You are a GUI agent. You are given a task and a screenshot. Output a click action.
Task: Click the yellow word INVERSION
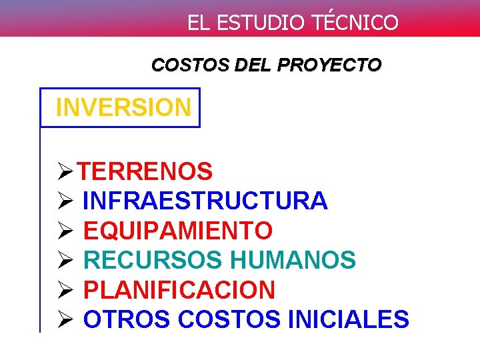[x=123, y=107]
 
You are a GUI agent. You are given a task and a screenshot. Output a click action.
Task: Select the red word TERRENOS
[x=145, y=172]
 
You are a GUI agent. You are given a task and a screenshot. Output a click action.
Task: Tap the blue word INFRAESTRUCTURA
[x=205, y=201]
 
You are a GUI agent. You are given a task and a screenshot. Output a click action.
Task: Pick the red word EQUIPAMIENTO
[x=178, y=231]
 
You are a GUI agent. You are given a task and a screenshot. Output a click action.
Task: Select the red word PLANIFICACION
[x=179, y=290]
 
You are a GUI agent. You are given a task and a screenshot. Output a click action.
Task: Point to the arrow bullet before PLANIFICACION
[x=65, y=291]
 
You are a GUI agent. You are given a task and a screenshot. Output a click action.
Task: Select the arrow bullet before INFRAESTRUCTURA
[x=65, y=201]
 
